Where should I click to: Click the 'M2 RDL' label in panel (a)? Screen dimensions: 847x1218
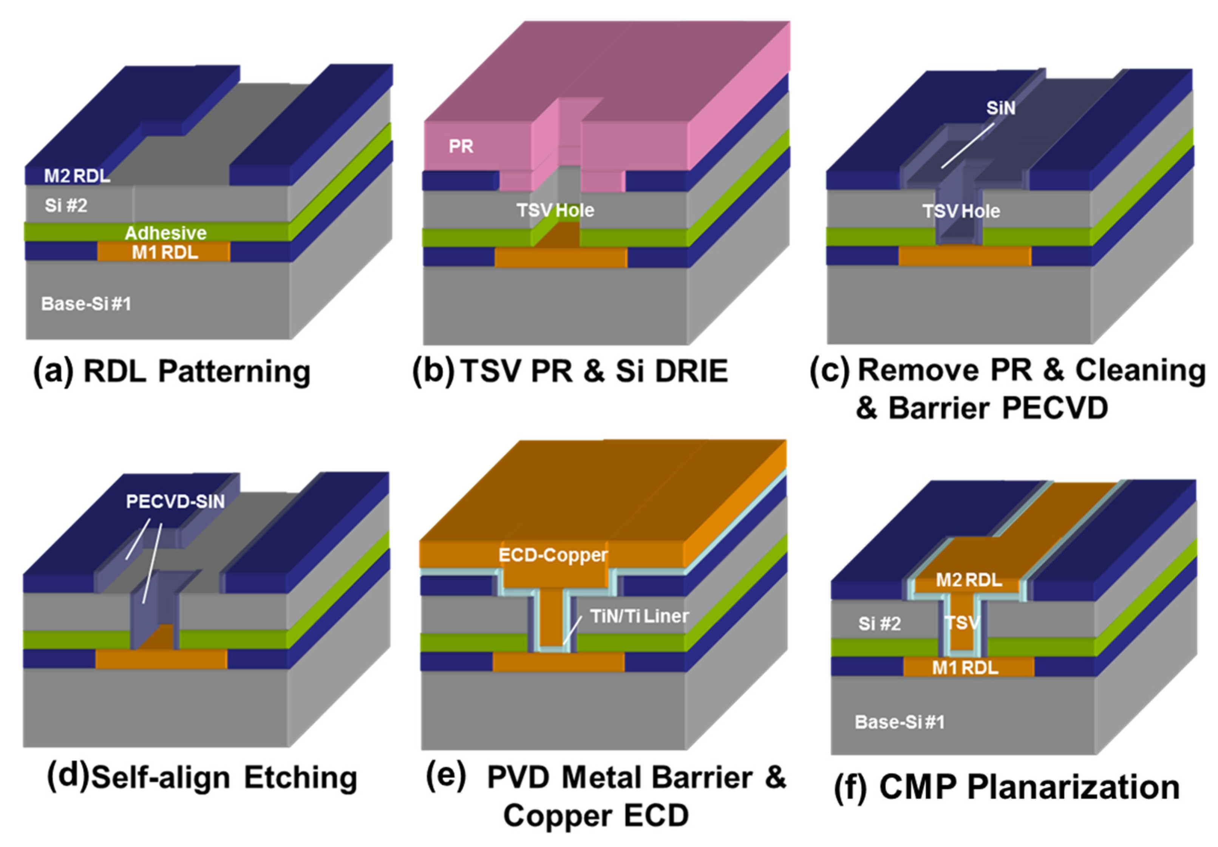tap(77, 176)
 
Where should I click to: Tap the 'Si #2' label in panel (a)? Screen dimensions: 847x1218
tap(66, 205)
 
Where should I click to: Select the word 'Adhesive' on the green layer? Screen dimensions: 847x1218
tap(165, 233)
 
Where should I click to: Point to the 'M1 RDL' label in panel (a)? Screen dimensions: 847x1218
tap(165, 253)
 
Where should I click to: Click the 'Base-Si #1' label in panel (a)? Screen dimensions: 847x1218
tap(86, 304)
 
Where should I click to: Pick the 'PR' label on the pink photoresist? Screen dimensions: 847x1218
tap(461, 147)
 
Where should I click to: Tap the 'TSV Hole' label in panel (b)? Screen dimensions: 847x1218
tap(555, 211)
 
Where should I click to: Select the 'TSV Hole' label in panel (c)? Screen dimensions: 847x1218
tap(961, 211)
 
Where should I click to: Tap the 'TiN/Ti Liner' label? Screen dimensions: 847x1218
tap(639, 616)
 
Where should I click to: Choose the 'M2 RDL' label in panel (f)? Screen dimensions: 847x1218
tap(969, 580)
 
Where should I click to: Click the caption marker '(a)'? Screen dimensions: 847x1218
tap(53, 371)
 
